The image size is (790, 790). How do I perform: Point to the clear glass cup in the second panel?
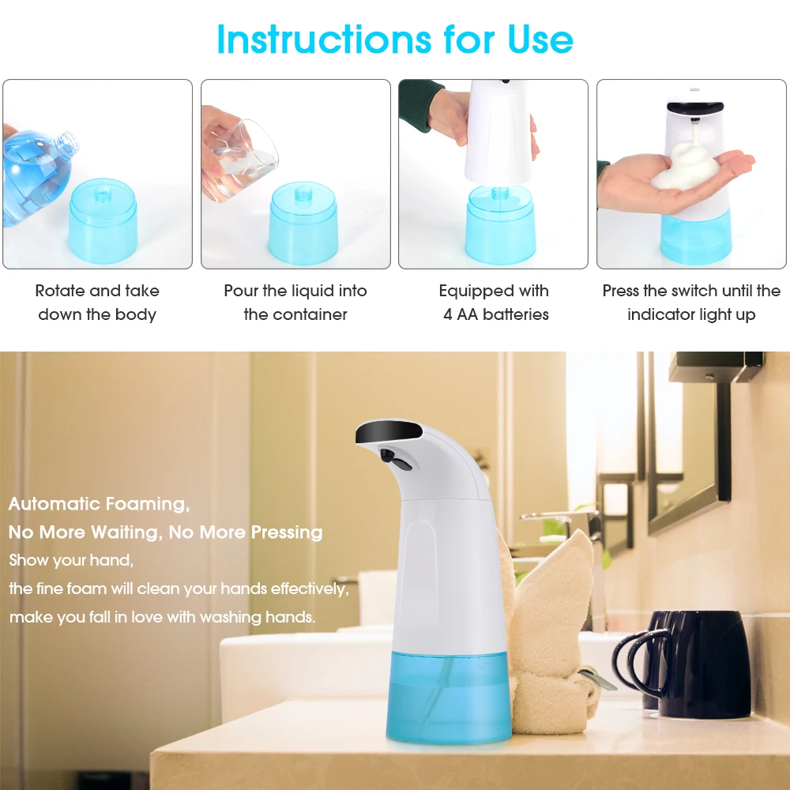click(245, 158)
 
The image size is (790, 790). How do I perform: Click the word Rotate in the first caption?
click(61, 291)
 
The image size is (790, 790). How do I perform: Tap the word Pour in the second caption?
click(240, 291)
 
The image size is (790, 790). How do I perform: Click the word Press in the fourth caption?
click(621, 291)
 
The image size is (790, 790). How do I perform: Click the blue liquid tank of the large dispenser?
click(449, 695)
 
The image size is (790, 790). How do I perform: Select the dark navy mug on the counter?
click(699, 664)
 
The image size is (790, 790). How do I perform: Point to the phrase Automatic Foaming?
click(99, 503)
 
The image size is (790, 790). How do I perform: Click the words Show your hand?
click(71, 560)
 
